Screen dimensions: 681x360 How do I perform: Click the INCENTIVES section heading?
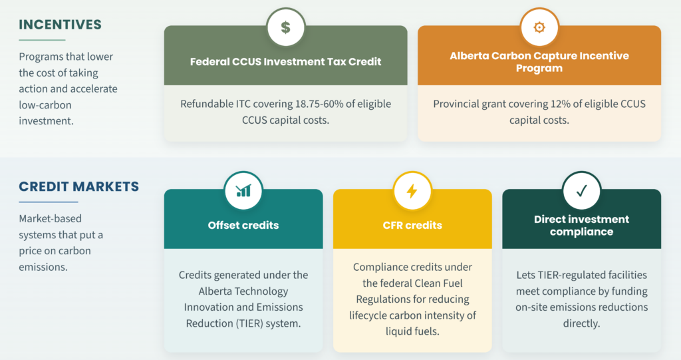pyautogui.click(x=60, y=25)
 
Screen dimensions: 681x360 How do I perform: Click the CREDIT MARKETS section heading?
pyautogui.click(x=78, y=186)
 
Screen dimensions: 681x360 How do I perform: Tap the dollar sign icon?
pyautogui.click(x=285, y=27)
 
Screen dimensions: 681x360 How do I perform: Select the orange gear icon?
pyautogui.click(x=539, y=27)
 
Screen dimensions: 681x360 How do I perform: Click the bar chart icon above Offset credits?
pyautogui.click(x=243, y=190)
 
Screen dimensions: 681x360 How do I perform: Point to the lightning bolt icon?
pyautogui.click(x=412, y=191)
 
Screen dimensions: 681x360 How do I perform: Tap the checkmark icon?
pyautogui.click(x=581, y=191)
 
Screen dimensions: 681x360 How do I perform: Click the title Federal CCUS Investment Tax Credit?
pyautogui.click(x=285, y=62)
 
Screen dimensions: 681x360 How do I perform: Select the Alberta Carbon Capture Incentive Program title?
pyautogui.click(x=539, y=62)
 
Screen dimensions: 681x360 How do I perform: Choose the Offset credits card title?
pyautogui.click(x=243, y=225)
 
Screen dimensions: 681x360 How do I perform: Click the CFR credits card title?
pyautogui.click(x=412, y=225)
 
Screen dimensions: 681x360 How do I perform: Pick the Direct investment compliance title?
pyautogui.click(x=581, y=225)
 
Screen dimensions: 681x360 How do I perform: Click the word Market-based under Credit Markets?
pyautogui.click(x=50, y=219)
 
